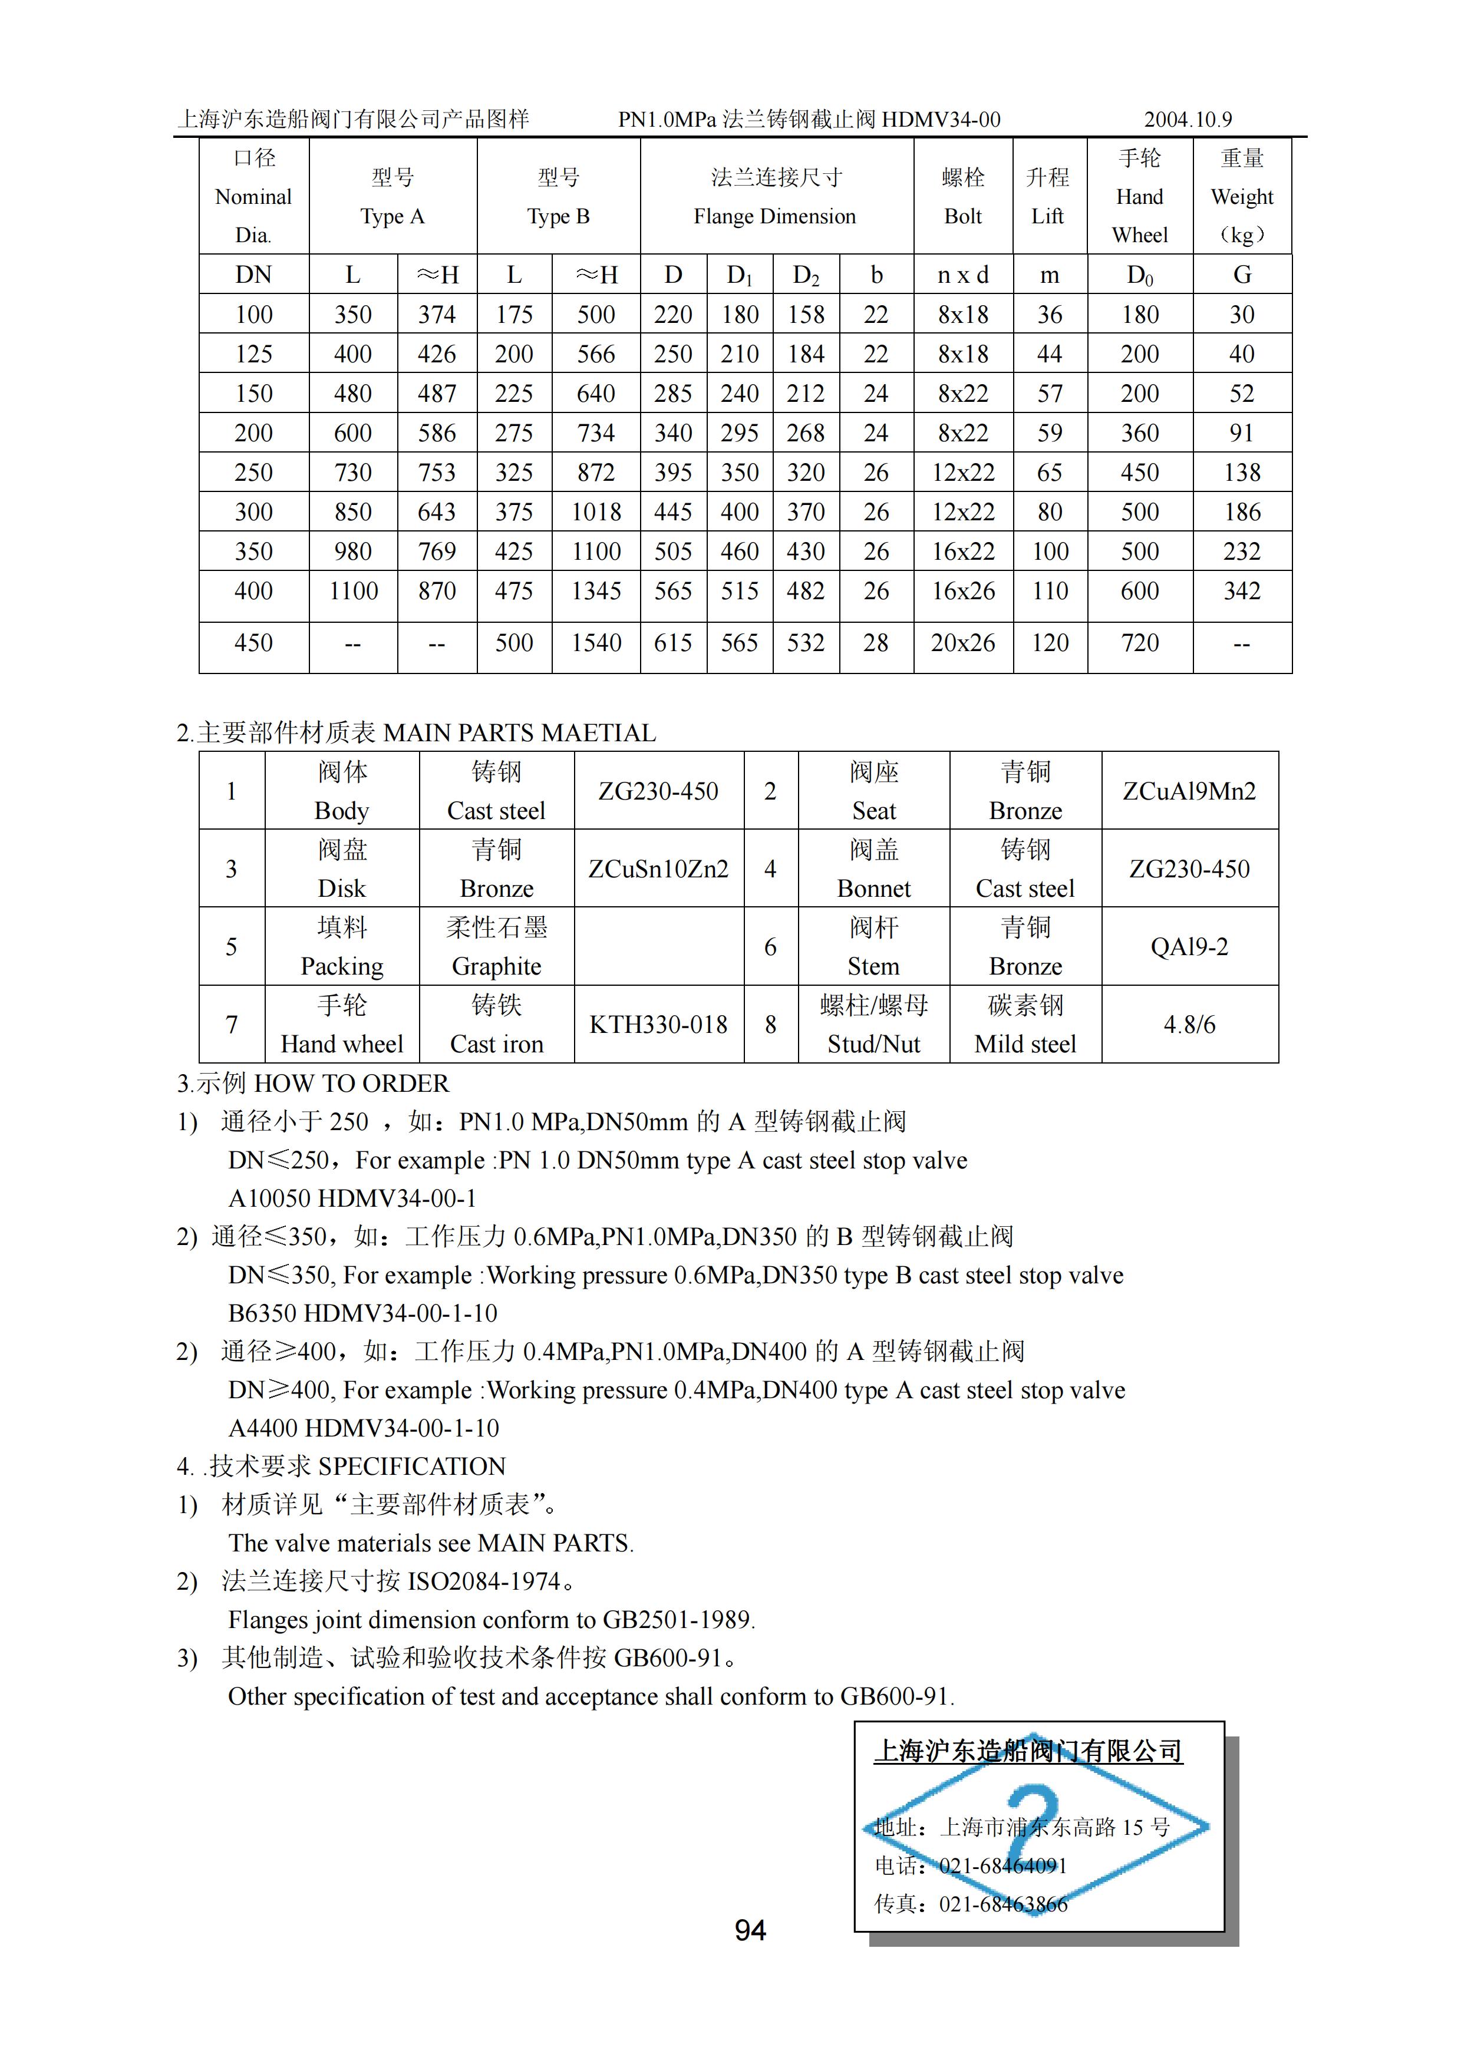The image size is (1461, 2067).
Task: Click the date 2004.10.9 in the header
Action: pyautogui.click(x=1188, y=120)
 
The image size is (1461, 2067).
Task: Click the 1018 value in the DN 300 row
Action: pyautogui.click(x=596, y=512)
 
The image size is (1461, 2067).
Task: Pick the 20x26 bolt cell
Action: pyautogui.click(x=962, y=643)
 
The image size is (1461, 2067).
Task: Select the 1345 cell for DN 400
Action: pyautogui.click(x=596, y=592)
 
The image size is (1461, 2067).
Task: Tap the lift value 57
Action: pyautogui.click(x=1050, y=394)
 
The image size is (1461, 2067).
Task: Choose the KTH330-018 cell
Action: pyautogui.click(x=658, y=1025)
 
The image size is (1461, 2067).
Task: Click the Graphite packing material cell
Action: pyautogui.click(x=496, y=947)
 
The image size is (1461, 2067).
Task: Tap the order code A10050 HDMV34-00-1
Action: pyautogui.click(x=352, y=1198)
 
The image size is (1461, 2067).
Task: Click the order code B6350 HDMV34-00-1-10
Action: pyautogui.click(x=363, y=1313)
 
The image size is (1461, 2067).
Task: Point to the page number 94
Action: pyautogui.click(x=750, y=1930)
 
